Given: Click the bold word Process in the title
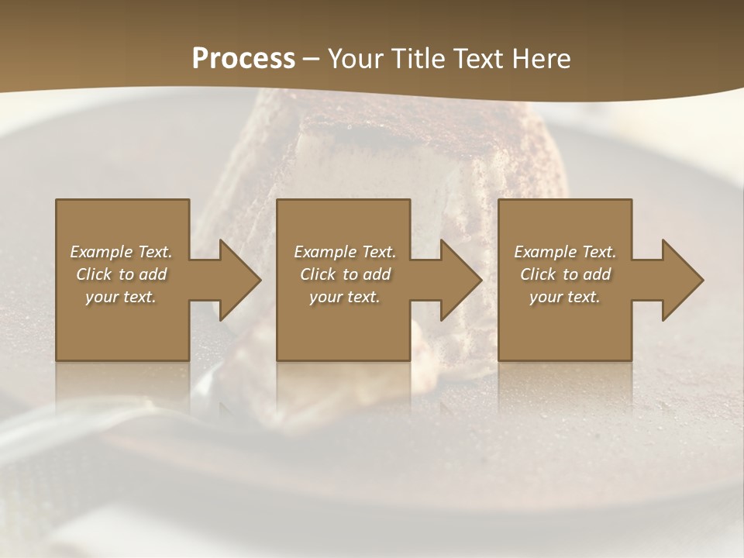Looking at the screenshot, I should point(243,59).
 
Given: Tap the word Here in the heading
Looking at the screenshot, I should point(542,59).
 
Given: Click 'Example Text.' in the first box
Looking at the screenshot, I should point(121,252).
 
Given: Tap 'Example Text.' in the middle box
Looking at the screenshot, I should point(345,252).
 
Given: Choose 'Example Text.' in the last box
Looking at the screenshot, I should point(565,252).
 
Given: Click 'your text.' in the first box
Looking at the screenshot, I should point(121,297).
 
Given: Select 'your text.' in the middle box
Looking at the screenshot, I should point(345,297).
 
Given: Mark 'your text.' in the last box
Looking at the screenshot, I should point(565,297).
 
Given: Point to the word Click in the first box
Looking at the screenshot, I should point(94,274).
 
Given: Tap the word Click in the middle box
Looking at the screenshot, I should point(318,274).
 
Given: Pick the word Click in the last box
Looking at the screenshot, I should point(538,274).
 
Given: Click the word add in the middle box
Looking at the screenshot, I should point(376,274).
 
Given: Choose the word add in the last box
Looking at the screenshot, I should point(596,274).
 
